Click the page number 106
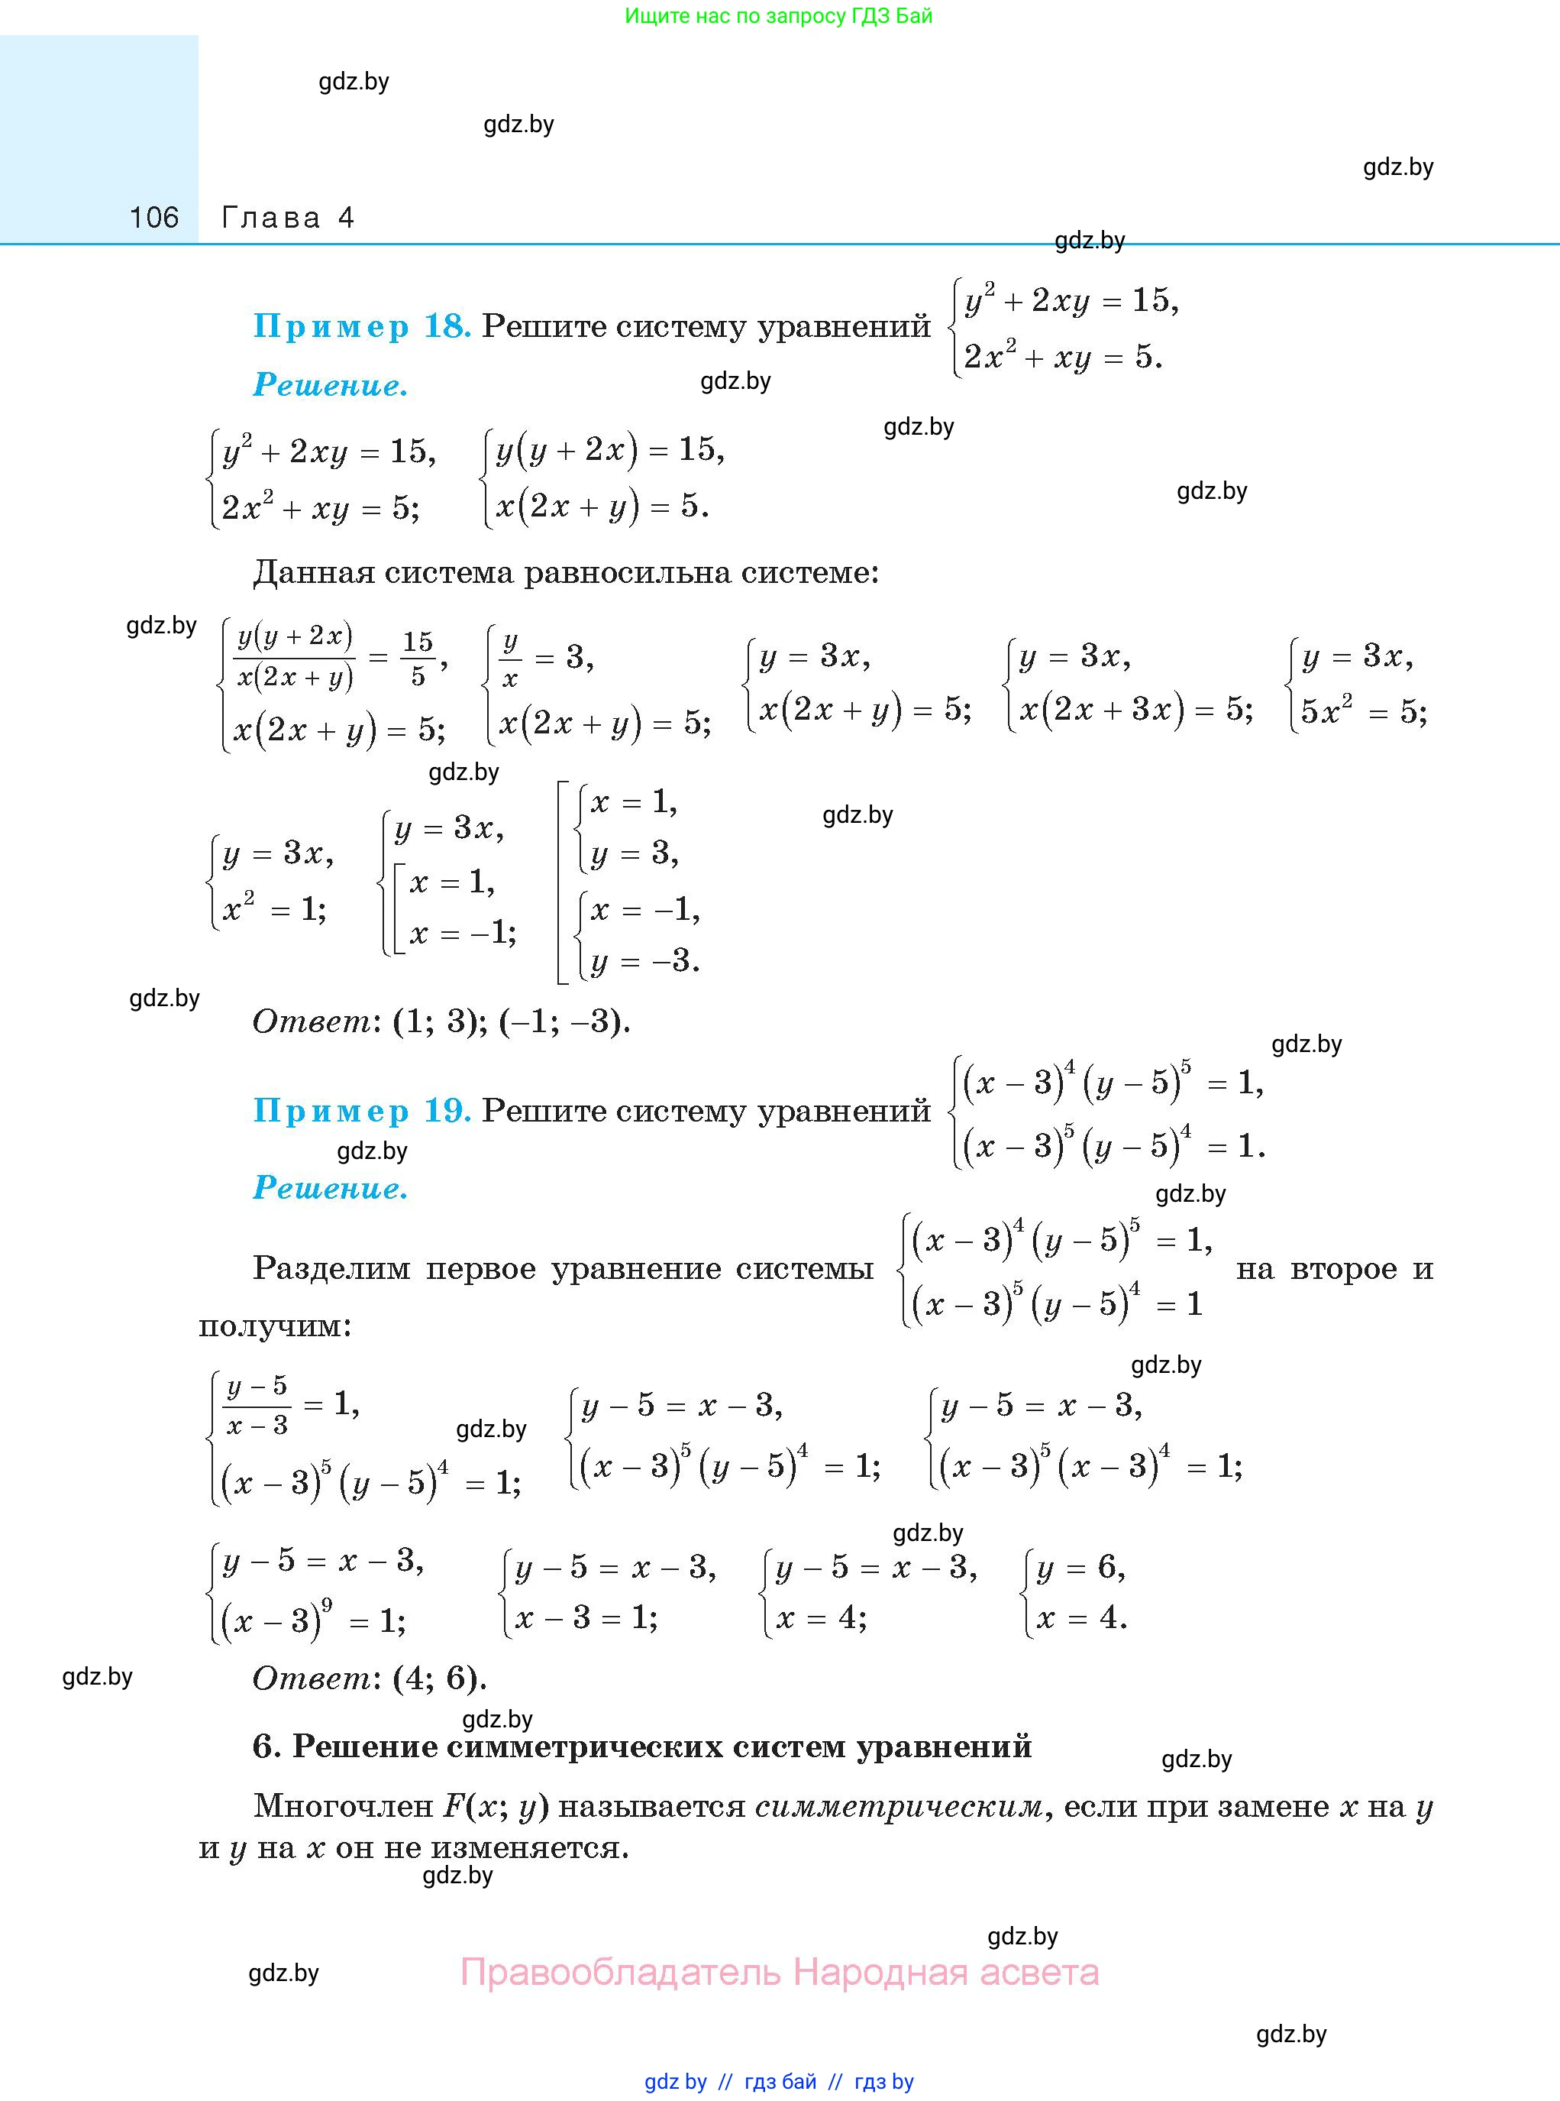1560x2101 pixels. pyautogui.click(x=154, y=219)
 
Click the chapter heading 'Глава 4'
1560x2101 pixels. pyautogui.click(x=288, y=219)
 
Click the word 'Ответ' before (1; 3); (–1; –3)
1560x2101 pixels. pyautogui.click(x=312, y=1021)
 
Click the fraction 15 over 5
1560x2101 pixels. pyautogui.click(x=418, y=659)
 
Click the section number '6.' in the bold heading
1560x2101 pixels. pyautogui.click(x=267, y=1746)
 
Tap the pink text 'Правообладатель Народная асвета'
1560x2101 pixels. pyautogui.click(x=779, y=1973)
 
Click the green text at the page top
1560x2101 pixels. pyautogui.click(x=779, y=16)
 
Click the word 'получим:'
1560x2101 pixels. pyautogui.click(x=275, y=1326)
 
